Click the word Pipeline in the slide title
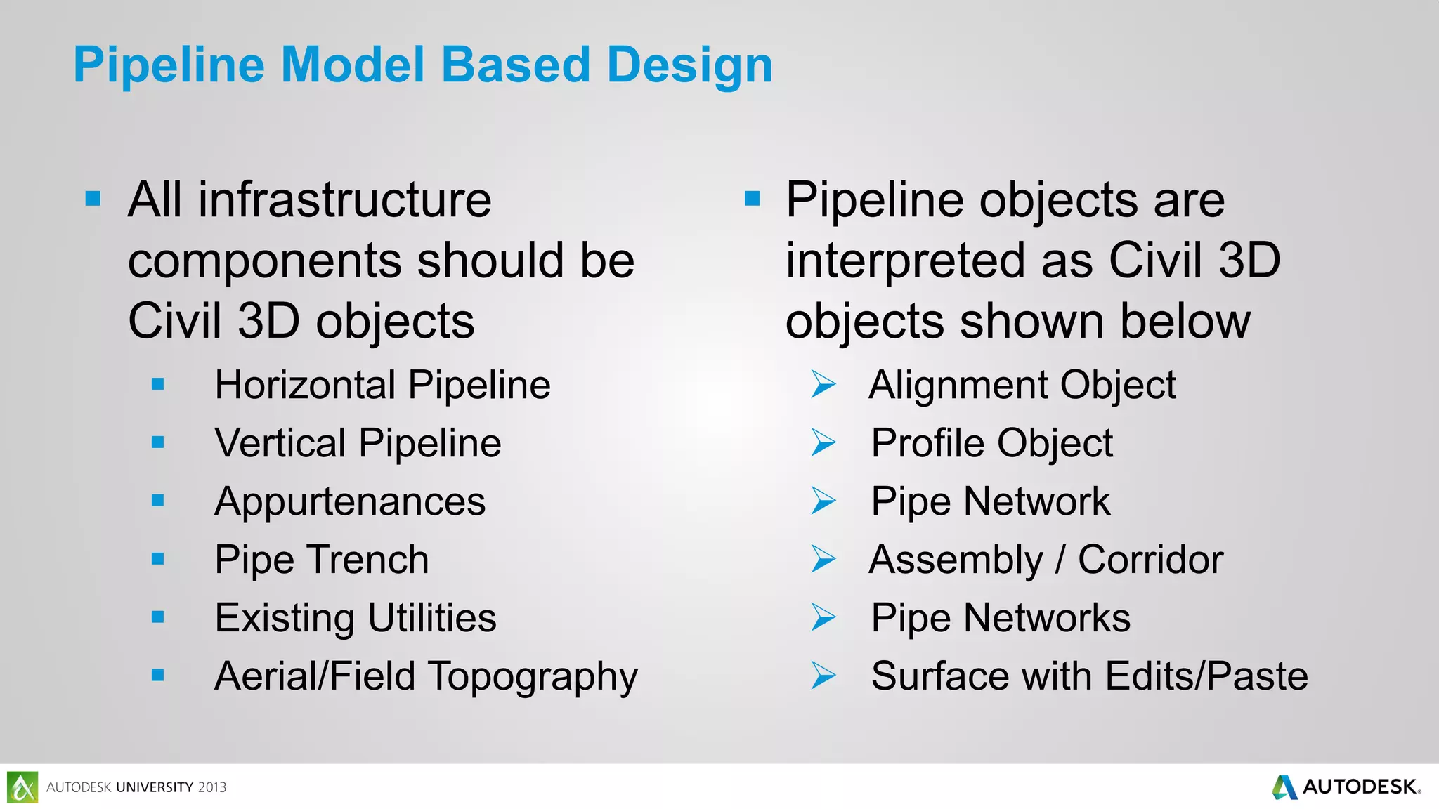(169, 65)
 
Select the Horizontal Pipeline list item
(382, 385)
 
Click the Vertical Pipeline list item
(358, 443)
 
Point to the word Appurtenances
(350, 501)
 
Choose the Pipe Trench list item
(321, 560)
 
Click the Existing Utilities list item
(356, 618)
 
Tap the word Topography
(533, 676)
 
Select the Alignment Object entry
(1022, 385)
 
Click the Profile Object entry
(991, 443)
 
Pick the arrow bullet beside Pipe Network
(823, 501)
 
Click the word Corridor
(1150, 560)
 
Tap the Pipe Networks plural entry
(1001, 618)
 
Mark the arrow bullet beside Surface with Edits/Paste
(823, 676)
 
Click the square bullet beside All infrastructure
(93, 199)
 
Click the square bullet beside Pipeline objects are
(752, 199)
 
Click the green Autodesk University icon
(22, 787)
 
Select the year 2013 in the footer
(211, 787)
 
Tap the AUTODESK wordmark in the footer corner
(1359, 787)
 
